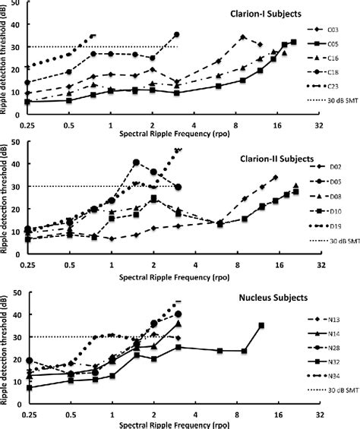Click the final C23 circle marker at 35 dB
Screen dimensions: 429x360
click(177, 35)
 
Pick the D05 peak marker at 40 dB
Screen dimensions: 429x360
click(136, 162)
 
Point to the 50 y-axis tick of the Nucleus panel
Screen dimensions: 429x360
click(17, 285)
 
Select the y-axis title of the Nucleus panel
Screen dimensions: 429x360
click(6, 349)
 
